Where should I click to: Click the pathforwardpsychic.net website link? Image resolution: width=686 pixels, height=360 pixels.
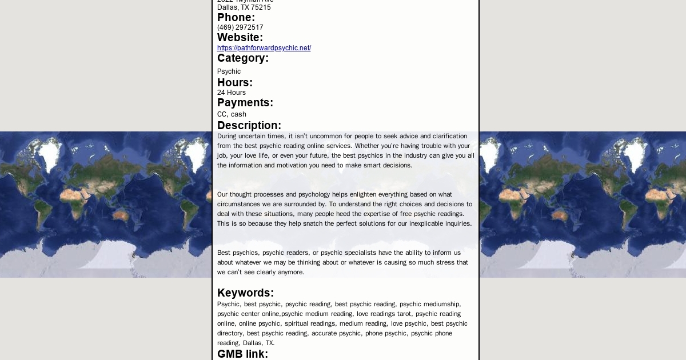click(264, 48)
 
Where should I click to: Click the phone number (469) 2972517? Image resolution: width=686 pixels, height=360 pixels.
click(240, 27)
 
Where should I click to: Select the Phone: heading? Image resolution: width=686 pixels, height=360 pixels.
click(236, 18)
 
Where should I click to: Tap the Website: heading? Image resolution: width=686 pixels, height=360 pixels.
click(240, 38)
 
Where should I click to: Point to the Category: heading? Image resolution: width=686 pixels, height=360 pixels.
click(243, 58)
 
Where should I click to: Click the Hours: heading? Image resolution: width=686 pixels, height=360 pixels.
click(235, 83)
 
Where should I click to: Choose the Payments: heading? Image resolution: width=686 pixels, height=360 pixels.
click(245, 103)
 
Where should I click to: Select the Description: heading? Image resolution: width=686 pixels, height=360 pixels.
click(249, 126)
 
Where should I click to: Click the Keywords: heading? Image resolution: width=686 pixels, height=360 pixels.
click(245, 293)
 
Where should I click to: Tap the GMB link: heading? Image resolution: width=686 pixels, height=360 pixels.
click(242, 354)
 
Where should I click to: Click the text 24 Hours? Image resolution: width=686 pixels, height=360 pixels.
click(232, 93)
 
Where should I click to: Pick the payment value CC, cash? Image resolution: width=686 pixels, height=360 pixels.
click(232, 114)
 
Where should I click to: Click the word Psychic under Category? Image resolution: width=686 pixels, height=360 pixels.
click(229, 71)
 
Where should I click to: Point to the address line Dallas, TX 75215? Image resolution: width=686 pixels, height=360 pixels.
click(244, 7)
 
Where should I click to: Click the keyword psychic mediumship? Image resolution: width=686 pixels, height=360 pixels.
click(429, 304)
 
